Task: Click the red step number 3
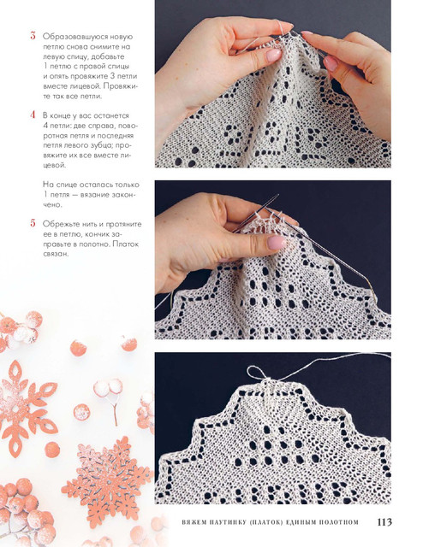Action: (33, 36)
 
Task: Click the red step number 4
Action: (33, 115)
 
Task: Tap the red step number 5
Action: (33, 223)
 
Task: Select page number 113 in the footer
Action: (384, 522)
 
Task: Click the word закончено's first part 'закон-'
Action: (123, 195)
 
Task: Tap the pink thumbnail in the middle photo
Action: (277, 243)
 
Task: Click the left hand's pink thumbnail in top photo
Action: (274, 55)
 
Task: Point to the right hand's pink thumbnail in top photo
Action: (331, 63)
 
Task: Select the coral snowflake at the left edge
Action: (24, 408)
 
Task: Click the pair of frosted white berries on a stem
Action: (109, 388)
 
